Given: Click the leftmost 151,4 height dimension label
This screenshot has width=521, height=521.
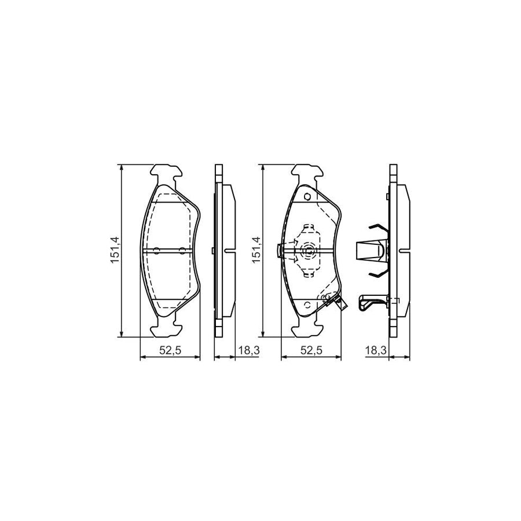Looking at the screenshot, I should tap(115, 250).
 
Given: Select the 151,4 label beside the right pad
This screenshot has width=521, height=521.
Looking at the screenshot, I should tap(256, 250).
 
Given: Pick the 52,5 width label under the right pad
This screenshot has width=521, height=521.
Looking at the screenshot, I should tap(311, 350).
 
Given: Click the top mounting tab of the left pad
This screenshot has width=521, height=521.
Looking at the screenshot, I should tap(167, 172).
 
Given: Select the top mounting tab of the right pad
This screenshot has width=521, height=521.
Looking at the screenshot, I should tap(307, 172).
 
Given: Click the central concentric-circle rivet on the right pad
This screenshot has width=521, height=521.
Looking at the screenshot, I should tap(307, 251).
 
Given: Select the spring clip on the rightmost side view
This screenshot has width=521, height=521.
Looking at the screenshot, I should tap(370, 250).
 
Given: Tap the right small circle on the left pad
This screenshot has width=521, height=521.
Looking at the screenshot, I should tap(182, 251).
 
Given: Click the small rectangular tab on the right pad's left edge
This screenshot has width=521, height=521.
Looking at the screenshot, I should tap(280, 251).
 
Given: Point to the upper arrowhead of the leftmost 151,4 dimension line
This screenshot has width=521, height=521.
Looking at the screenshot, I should tap(121, 168).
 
